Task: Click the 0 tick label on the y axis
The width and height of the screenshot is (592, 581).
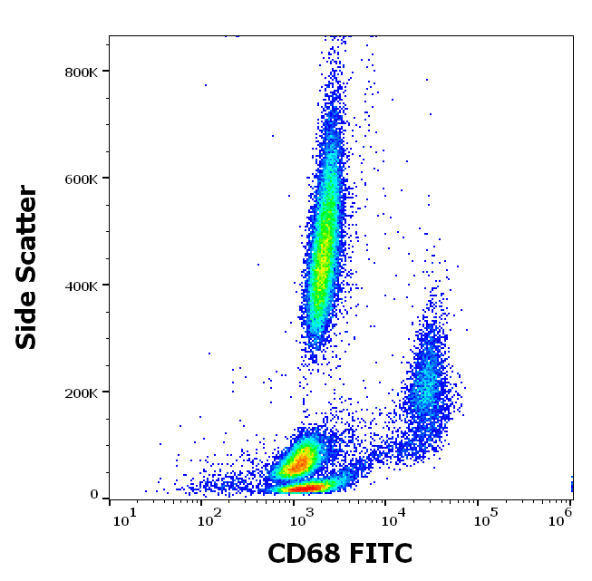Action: (93, 495)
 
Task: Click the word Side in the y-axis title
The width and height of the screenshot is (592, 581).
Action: (28, 320)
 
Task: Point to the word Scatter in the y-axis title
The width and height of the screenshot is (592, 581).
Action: (28, 230)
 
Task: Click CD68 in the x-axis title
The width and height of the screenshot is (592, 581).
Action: (303, 554)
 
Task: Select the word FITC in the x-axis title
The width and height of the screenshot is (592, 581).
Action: (379, 554)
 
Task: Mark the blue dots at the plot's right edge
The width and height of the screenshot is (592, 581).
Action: (571, 485)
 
